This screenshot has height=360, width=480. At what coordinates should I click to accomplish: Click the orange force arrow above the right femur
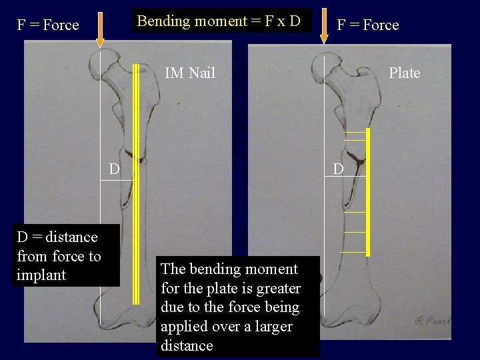324,25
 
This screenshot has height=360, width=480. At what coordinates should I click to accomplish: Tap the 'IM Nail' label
190,73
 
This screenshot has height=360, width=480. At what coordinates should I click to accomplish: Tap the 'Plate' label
405,73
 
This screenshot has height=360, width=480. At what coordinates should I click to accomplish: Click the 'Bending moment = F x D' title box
219,21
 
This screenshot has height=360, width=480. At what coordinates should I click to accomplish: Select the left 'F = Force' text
48,25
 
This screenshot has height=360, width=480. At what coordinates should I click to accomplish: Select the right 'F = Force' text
368,25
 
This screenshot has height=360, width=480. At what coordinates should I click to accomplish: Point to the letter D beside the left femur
115,169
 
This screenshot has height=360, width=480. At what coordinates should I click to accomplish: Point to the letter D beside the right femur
339,169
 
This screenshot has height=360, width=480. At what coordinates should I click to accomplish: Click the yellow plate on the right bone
367,193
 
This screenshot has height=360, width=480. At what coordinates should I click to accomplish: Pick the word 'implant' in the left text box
41,275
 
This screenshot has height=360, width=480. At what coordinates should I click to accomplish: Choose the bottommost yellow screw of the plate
354,252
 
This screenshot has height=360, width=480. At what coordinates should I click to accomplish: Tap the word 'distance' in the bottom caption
187,345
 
